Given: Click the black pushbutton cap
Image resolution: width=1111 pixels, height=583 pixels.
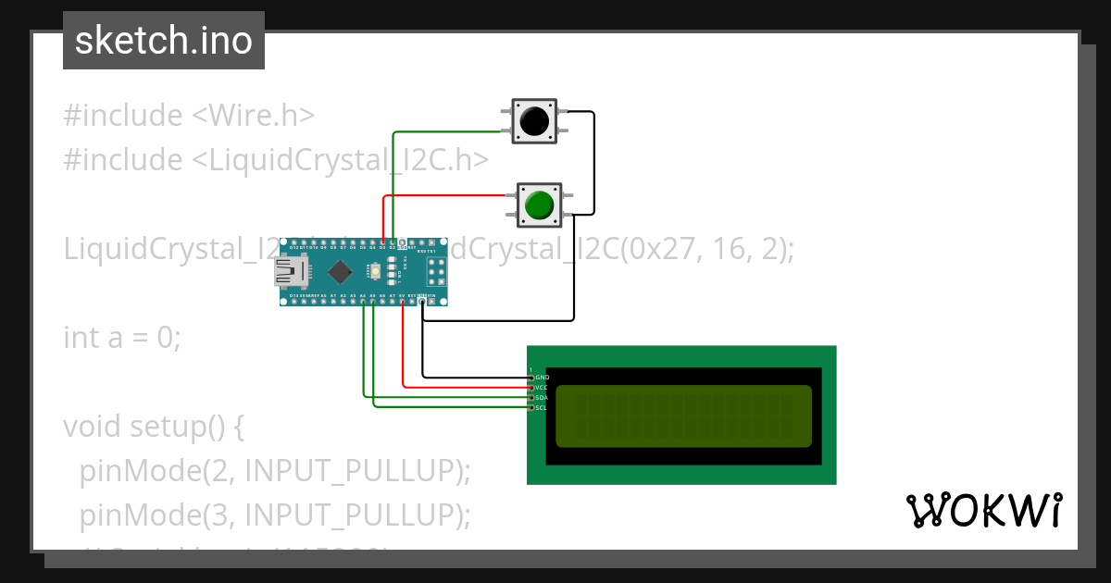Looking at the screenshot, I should (534, 121).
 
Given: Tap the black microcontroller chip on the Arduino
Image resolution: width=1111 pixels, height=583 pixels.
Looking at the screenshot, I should (340, 272).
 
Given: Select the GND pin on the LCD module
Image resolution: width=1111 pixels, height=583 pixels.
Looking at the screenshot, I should (531, 378).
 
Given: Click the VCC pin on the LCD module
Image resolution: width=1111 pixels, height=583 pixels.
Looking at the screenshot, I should (531, 387).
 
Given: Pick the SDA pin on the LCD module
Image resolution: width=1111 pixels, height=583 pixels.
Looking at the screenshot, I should (531, 397).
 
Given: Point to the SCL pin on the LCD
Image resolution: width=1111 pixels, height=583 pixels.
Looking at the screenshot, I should (531, 406).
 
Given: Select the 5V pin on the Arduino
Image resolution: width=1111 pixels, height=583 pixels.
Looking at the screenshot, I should (402, 300).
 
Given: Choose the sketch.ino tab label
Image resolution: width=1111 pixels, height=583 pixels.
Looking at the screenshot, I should (163, 41).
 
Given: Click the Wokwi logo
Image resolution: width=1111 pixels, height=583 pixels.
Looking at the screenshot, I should (983, 510).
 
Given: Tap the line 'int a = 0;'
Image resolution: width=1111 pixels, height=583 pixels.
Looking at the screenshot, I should (122, 338).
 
